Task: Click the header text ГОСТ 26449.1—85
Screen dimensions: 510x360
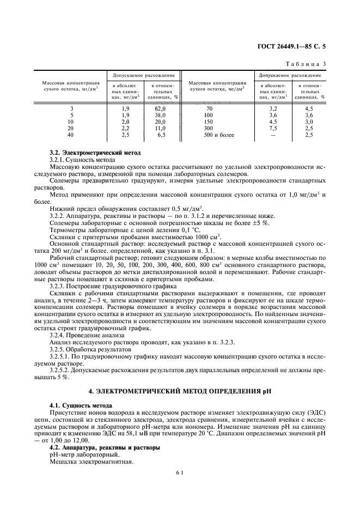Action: click(286, 47)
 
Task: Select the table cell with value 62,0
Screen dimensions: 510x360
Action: click(160, 109)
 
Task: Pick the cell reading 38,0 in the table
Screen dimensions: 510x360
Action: click(160, 116)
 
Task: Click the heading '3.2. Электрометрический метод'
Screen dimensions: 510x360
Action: click(95, 153)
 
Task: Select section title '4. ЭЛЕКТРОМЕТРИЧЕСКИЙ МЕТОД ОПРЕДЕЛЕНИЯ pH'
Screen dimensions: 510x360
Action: click(180, 391)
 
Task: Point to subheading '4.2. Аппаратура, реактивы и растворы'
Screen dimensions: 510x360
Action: click(105, 447)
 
